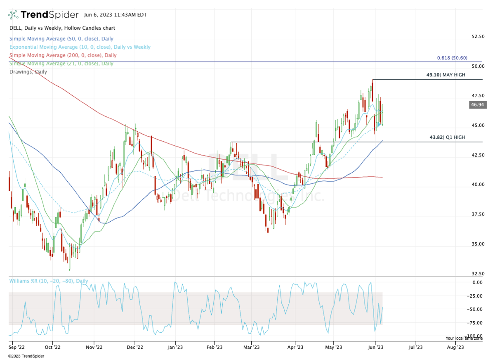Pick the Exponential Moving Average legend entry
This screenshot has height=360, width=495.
(80, 47)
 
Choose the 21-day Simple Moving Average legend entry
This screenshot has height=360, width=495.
(61, 64)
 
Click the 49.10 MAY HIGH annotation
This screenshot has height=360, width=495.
(445, 75)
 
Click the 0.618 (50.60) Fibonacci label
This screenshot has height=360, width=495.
(452, 58)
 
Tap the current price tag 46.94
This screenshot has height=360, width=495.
(478, 105)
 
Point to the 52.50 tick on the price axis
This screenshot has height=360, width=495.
(478, 36)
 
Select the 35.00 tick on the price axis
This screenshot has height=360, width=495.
(478, 244)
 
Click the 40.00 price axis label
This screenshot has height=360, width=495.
(478, 185)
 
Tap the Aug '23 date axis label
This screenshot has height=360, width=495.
(455, 347)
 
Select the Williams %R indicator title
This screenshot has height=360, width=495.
(48, 281)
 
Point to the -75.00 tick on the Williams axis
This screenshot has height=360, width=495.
(477, 323)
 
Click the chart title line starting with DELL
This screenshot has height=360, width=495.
(62, 28)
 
